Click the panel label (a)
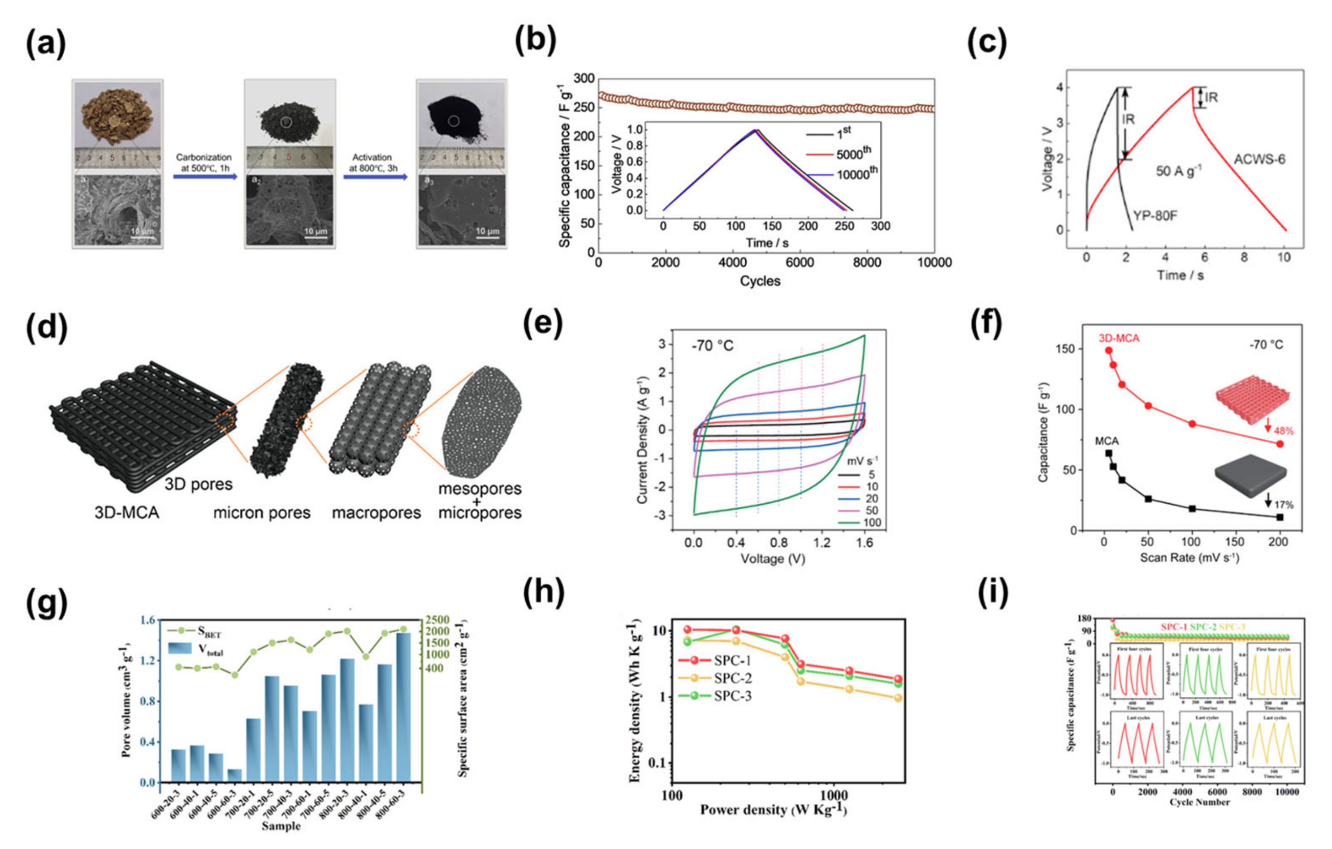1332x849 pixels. tap(46, 44)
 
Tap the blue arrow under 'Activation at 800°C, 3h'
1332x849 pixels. tap(375, 177)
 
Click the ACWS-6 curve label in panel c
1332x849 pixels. tap(1259, 160)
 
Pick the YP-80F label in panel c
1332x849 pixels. tap(1155, 215)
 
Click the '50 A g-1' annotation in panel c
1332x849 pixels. tap(1178, 171)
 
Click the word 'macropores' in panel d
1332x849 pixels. tap(376, 513)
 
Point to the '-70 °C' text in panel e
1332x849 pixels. tap(713, 346)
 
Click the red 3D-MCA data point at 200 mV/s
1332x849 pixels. tap(1280, 444)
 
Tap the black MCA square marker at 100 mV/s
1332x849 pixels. tap(1192, 509)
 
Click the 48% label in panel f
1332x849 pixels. tap(1283, 431)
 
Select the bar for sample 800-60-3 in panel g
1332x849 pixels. tap(403, 707)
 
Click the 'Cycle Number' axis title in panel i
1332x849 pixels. tap(1199, 802)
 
